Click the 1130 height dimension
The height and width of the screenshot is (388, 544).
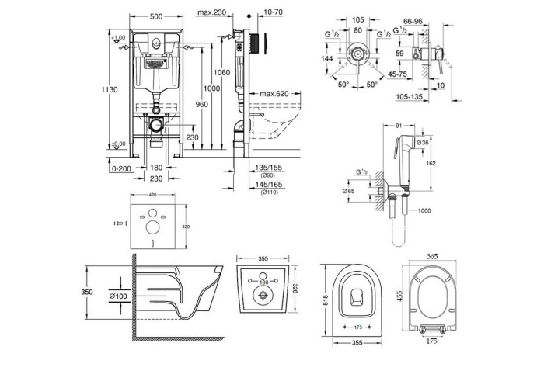click(113, 90)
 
